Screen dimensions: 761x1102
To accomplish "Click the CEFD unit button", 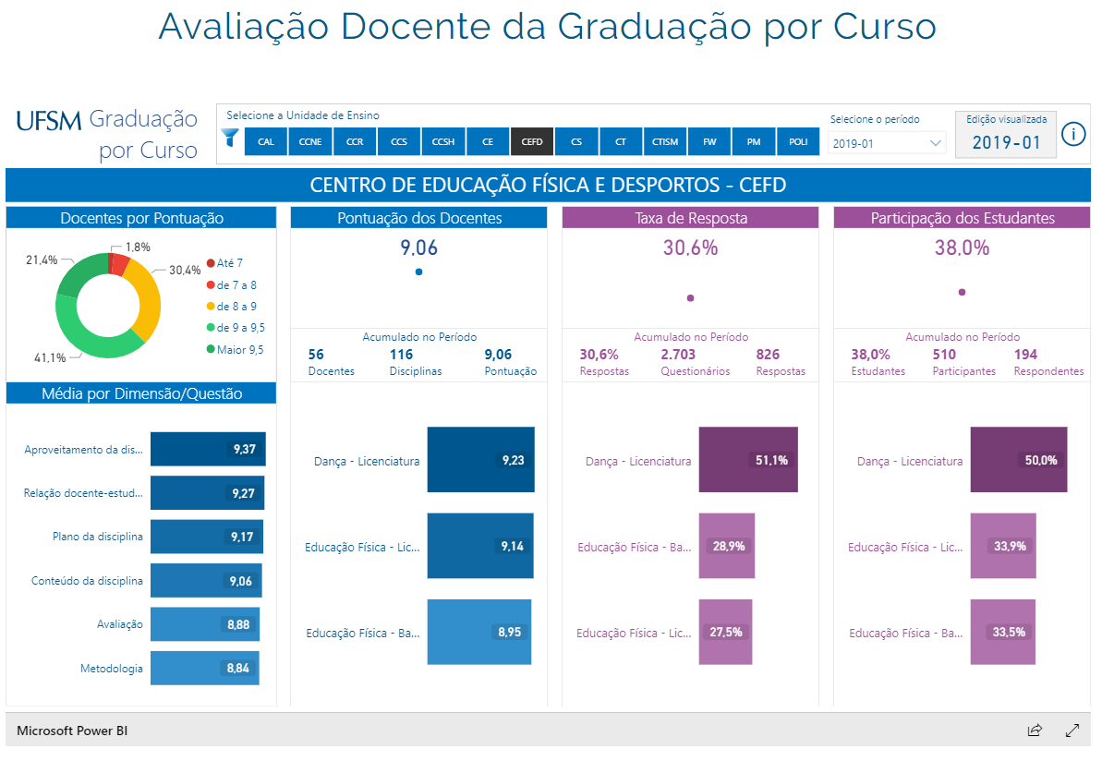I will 531,141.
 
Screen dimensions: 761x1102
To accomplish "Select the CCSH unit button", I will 442,141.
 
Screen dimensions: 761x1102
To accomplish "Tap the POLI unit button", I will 798,141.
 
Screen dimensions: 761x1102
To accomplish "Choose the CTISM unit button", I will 665,141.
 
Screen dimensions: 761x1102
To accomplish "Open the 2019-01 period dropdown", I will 887,143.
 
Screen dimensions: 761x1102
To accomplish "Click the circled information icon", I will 1073,134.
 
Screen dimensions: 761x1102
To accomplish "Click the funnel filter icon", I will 230,139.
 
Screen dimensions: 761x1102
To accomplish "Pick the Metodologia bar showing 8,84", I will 204,668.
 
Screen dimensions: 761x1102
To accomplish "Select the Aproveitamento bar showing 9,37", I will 209,449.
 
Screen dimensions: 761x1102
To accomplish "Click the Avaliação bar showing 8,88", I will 204,624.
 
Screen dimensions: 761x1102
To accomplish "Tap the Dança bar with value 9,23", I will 480,460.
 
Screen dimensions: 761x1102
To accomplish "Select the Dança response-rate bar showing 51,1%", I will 747,460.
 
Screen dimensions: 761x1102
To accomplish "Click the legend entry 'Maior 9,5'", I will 239,349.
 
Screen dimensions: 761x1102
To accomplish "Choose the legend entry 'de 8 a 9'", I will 236,306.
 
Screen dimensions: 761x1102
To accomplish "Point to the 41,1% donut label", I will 50,357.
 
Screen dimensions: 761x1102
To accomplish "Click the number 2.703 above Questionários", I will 678,355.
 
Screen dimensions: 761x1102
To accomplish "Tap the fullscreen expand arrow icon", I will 1072,731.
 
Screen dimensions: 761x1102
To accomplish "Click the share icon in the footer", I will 1035,731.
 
